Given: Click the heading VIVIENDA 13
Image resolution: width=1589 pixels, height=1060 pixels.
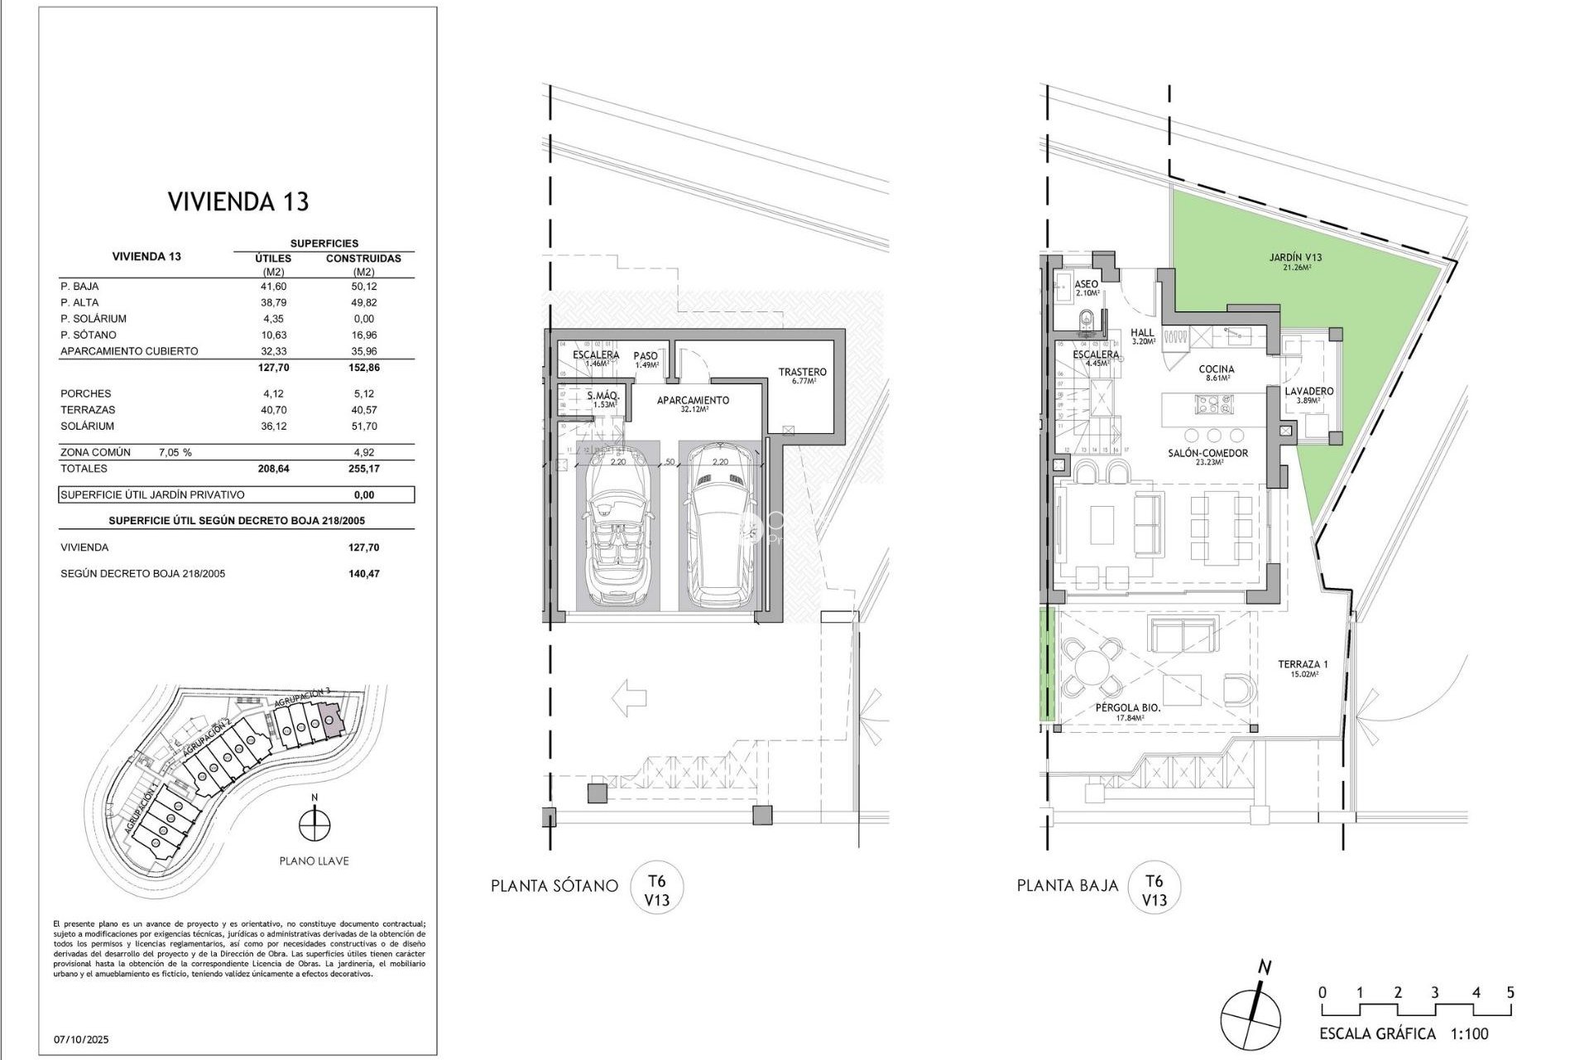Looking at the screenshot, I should pyautogui.click(x=238, y=201).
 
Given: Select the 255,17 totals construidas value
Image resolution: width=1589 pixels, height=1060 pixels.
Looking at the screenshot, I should pyautogui.click(x=363, y=469).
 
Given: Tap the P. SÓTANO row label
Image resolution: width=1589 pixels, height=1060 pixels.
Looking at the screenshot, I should pyautogui.click(x=89, y=335).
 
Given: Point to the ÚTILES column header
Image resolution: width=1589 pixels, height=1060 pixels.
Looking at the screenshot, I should pyautogui.click(x=273, y=258).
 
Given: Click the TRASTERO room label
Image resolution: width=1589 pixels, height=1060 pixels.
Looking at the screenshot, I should pyautogui.click(x=802, y=373).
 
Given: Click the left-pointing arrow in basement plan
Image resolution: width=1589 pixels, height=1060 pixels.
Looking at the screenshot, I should pyautogui.click(x=628, y=697).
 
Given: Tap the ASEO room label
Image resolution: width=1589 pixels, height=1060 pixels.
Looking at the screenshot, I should pyautogui.click(x=1087, y=284).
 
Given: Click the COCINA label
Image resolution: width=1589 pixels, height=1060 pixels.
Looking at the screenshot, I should pyautogui.click(x=1216, y=369).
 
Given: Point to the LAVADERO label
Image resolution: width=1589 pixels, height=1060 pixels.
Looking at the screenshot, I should pyautogui.click(x=1308, y=391).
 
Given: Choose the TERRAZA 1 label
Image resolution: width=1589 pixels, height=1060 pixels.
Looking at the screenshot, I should pyautogui.click(x=1302, y=664).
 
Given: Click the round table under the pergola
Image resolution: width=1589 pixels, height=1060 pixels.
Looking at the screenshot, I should pyautogui.click(x=1092, y=667).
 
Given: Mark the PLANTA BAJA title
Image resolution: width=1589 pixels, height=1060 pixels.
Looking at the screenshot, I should pyautogui.click(x=1068, y=885).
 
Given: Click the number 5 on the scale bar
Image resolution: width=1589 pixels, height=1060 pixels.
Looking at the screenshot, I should pyautogui.click(x=1510, y=992).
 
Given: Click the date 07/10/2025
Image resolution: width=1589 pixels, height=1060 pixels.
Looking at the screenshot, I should pyautogui.click(x=81, y=1039).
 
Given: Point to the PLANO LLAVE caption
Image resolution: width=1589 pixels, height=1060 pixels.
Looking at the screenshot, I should pyautogui.click(x=314, y=861).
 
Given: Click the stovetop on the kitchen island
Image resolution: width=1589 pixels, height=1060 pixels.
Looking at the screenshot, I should pyautogui.click(x=1214, y=405).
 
